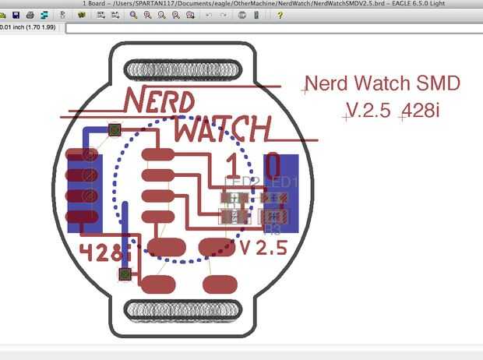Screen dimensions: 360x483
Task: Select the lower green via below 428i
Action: click(x=123, y=274)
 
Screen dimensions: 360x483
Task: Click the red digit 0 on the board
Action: click(x=273, y=165)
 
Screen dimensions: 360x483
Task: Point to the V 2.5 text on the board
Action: click(x=263, y=249)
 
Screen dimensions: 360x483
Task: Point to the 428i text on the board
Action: click(x=102, y=252)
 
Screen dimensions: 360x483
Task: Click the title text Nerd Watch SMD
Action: click(x=382, y=83)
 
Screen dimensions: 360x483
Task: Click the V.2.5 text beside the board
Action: click(x=367, y=111)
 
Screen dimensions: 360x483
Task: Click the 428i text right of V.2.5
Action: click(x=421, y=111)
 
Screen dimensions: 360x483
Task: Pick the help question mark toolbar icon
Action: click(x=280, y=15)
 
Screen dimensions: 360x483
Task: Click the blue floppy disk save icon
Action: click(x=16, y=15)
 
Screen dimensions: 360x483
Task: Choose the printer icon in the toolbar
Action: click(x=30, y=15)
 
